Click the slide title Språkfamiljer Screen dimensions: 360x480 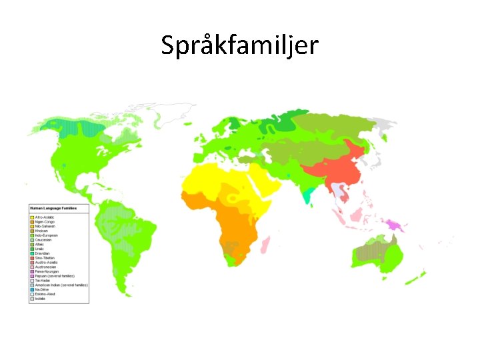[240, 45]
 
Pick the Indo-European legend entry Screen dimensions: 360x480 [46, 235]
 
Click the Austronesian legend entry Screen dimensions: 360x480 [46, 267]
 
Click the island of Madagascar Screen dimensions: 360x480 [266, 244]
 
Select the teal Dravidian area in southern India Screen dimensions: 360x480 [307, 195]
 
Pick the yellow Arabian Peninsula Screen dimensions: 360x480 [269, 181]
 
